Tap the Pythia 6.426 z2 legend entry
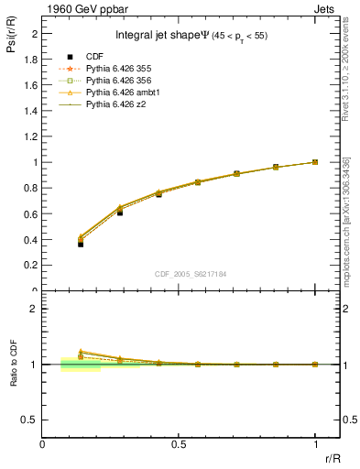(x=116, y=104)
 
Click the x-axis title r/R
(x=331, y=458)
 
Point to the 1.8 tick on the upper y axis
(x=32, y=59)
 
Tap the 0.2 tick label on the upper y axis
(x=32, y=266)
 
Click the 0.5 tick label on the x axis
(x=179, y=445)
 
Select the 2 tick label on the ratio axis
(x=35, y=309)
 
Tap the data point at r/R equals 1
(x=315, y=162)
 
